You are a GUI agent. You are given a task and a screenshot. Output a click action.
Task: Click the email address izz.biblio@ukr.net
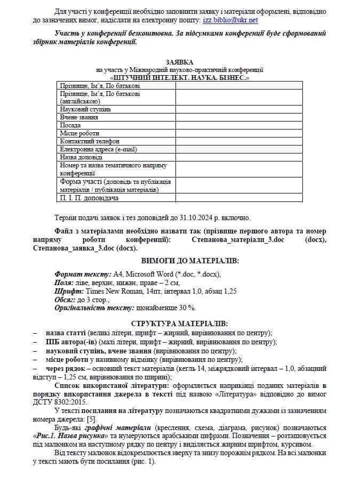coord(230,20)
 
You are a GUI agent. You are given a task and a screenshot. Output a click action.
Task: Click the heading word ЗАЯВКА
coord(180,63)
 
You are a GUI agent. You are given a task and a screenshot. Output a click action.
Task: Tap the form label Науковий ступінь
coord(85,109)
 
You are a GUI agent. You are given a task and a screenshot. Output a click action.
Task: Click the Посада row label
coord(70,125)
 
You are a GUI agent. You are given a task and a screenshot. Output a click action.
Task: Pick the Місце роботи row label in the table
coord(79,133)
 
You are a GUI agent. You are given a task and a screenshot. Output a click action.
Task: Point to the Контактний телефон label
coord(90,141)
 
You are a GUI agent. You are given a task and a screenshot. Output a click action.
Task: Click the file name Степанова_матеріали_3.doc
coord(237,240)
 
